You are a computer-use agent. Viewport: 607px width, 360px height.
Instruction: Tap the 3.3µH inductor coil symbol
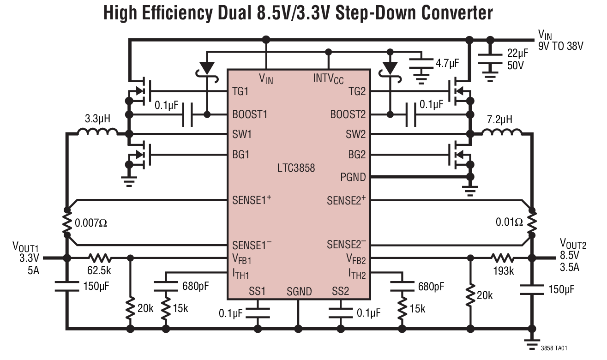[97, 133]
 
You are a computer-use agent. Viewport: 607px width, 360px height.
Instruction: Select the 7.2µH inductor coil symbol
[502, 133]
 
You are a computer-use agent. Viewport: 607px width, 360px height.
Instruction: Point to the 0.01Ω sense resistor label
[510, 222]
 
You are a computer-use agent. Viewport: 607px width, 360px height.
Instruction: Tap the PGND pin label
[353, 177]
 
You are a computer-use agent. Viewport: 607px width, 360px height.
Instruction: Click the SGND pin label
[299, 292]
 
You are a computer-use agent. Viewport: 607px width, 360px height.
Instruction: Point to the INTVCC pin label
[328, 78]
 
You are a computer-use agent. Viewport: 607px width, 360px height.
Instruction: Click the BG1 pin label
[240, 155]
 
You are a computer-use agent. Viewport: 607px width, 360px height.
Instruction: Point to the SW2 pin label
[355, 134]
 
